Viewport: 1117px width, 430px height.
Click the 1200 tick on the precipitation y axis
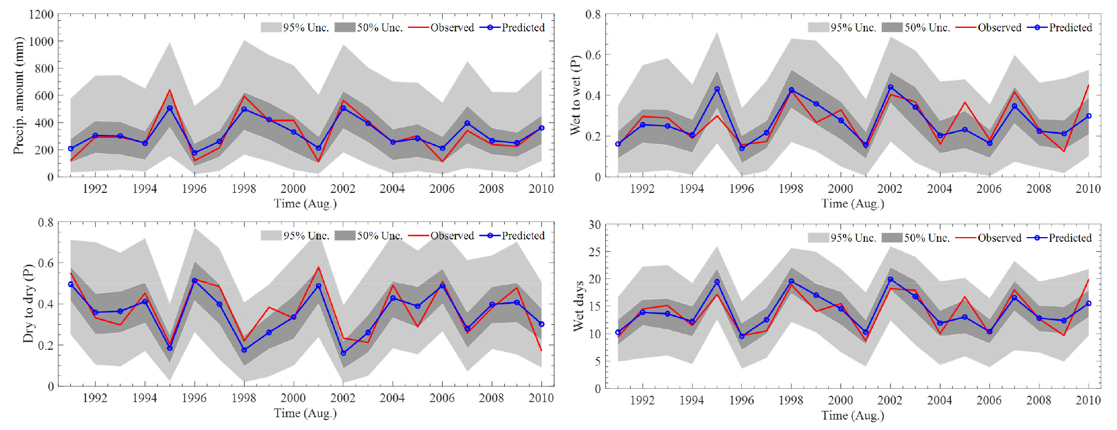coord(41,15)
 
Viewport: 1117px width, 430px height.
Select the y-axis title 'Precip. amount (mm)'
coord(19,96)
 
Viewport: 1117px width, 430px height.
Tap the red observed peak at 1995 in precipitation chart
coord(170,89)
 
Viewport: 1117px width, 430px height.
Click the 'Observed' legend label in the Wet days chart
coord(999,238)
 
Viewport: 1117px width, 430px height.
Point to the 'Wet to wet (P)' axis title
coord(576,96)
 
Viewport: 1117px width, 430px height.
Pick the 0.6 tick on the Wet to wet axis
coord(592,55)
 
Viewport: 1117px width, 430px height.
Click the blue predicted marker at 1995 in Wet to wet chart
coord(717,89)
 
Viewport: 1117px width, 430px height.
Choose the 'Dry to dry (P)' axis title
coord(28,304)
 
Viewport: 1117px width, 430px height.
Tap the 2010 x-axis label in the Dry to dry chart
coord(541,398)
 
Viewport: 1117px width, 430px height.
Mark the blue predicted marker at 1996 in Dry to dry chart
coord(195,281)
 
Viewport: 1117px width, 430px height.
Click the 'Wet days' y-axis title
coord(578,306)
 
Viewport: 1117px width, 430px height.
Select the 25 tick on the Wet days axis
coord(594,252)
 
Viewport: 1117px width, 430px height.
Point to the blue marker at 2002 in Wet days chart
coord(890,279)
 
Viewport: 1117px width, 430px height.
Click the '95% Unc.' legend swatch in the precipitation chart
coord(271,27)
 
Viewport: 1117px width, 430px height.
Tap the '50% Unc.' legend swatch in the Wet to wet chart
coord(892,27)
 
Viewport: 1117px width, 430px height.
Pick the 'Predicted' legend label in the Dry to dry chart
coord(523,235)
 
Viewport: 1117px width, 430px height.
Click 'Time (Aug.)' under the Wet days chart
coord(853,415)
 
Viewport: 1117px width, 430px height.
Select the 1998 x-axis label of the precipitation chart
coord(243,189)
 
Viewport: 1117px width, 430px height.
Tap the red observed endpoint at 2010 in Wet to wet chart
coord(1089,85)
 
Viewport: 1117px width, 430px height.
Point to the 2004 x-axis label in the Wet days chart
coord(939,400)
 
